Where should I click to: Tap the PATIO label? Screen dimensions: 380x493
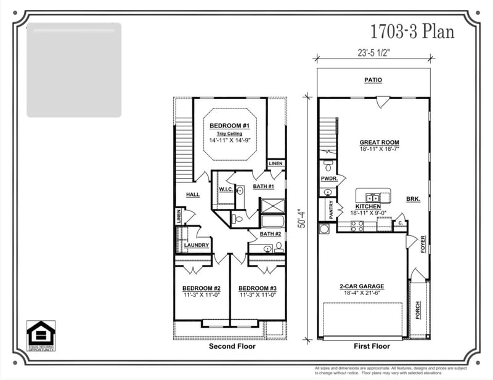373,80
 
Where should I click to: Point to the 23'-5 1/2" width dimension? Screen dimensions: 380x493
373,52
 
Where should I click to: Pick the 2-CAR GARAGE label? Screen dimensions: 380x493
362,286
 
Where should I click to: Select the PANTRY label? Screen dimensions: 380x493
331,210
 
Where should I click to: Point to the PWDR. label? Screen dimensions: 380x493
328,179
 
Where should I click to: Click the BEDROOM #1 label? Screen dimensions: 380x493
229,126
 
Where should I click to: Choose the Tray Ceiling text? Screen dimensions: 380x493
229,133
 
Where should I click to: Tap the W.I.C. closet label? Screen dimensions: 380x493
225,189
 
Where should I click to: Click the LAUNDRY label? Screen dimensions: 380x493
197,245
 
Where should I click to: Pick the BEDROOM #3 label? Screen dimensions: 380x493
258,288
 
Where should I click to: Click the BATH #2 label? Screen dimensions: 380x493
270,234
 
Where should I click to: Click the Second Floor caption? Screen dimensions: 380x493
232,346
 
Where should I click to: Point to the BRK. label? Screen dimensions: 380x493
412,199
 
